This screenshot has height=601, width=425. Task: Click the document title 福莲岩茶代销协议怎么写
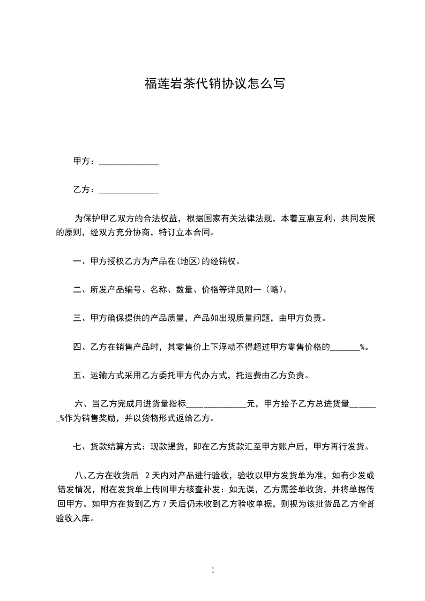coord(214,84)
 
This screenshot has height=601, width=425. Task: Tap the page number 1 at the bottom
coord(213,570)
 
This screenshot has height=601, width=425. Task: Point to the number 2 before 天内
coord(147,475)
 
